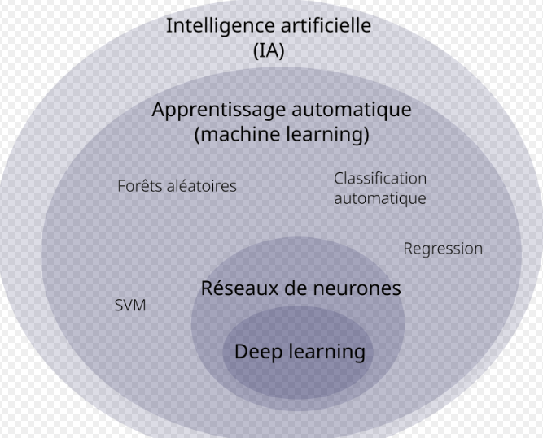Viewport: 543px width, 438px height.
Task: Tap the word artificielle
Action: coord(322,25)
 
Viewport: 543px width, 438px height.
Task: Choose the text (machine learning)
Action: coord(282,134)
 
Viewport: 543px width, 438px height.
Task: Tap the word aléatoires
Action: coord(203,186)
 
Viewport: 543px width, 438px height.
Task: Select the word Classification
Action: coord(379,178)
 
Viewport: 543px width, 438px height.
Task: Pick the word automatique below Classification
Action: coord(379,197)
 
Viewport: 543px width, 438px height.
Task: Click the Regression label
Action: coord(443,249)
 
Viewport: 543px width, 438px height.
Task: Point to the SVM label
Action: coord(130,306)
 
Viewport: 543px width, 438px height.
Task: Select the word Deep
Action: coord(257,352)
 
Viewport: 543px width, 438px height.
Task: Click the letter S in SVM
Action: coord(119,306)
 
